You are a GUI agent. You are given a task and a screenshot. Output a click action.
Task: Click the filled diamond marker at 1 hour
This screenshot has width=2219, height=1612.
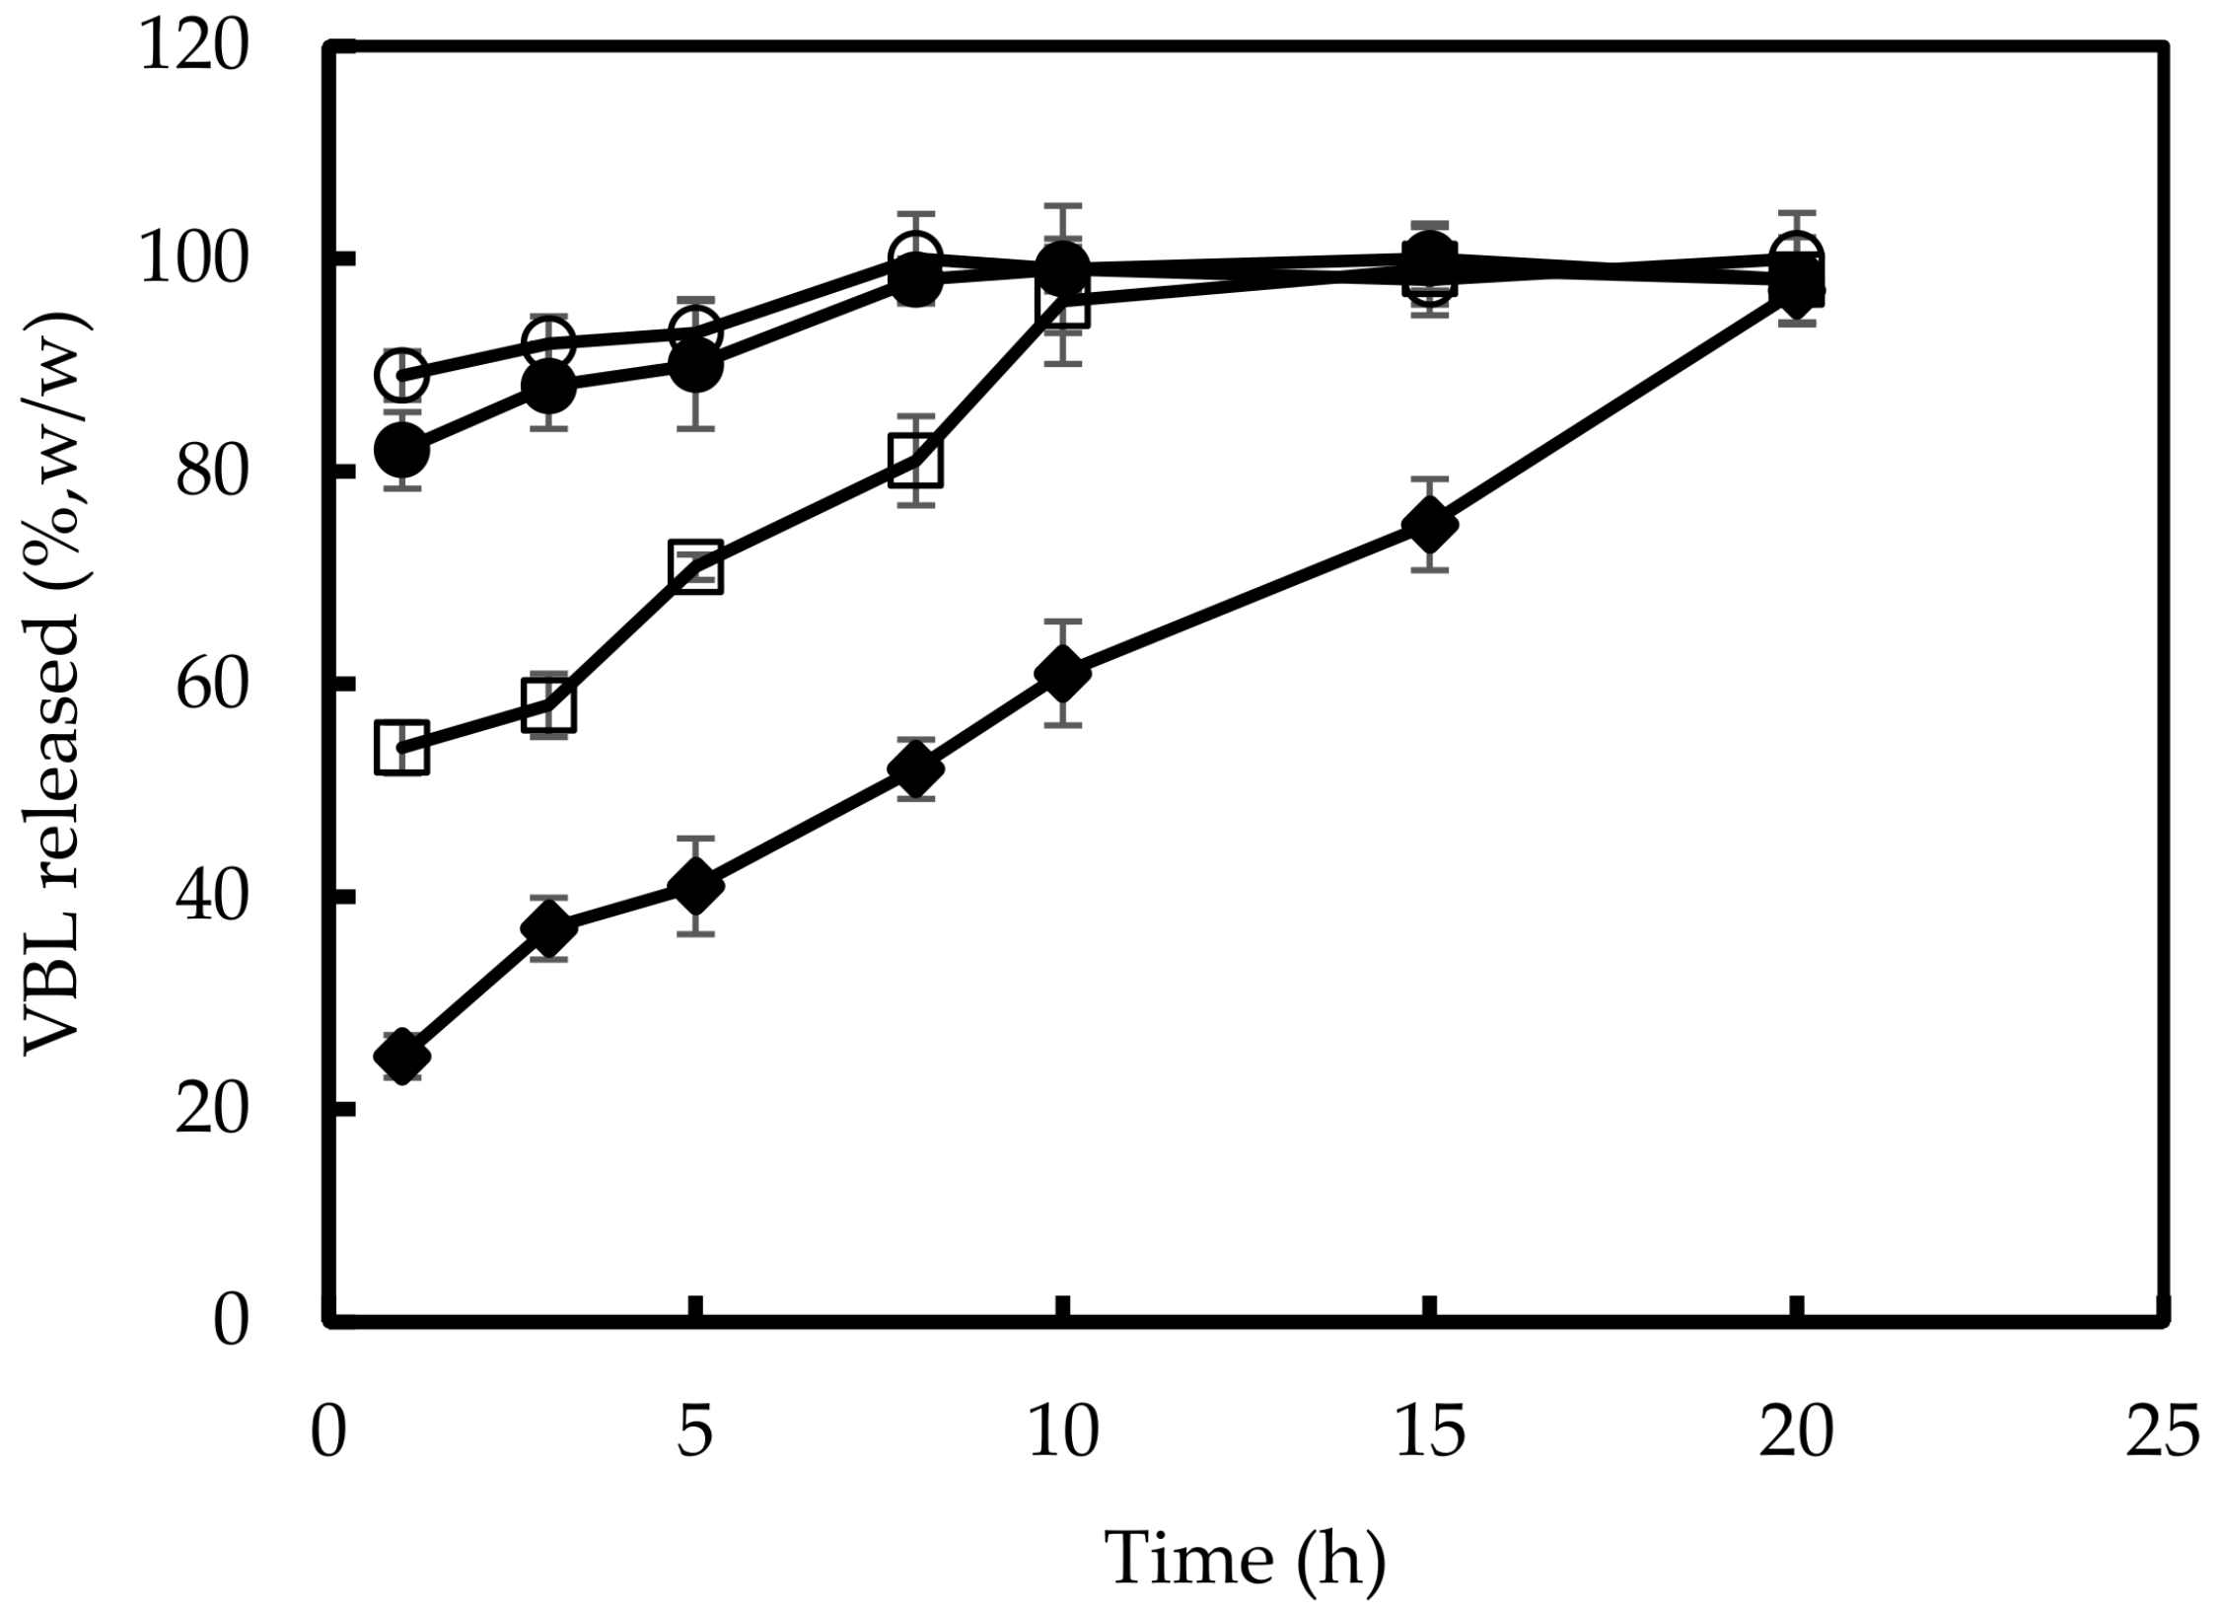pyautogui.click(x=401, y=1058)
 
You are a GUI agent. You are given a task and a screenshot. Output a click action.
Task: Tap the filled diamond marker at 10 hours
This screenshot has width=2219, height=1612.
pyautogui.click(x=1062, y=673)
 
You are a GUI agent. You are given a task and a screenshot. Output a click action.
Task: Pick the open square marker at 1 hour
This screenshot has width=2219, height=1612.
pyautogui.click(x=401, y=749)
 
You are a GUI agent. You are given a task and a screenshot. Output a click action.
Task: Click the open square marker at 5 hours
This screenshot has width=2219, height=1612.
pyautogui.click(x=695, y=566)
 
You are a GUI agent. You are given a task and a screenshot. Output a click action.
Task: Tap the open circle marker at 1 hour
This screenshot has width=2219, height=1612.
pyautogui.click(x=401, y=374)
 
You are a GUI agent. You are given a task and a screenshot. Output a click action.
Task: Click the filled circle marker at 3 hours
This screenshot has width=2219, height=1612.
pyautogui.click(x=548, y=387)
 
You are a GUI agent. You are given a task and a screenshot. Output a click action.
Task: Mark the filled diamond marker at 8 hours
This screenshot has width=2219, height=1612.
pyautogui.click(x=915, y=769)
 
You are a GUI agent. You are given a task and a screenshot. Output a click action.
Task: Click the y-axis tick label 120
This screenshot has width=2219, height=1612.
pyautogui.click(x=193, y=47)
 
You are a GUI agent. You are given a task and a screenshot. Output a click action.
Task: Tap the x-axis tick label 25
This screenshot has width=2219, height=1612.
pyautogui.click(x=2162, y=1431)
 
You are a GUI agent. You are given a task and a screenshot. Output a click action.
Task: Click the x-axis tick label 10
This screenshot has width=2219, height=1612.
pyautogui.click(x=1062, y=1431)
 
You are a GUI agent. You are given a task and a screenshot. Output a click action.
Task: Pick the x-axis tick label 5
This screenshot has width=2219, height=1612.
pyautogui.click(x=695, y=1431)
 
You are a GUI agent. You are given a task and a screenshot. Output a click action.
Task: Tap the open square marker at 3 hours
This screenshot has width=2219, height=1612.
pyautogui.click(x=548, y=704)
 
